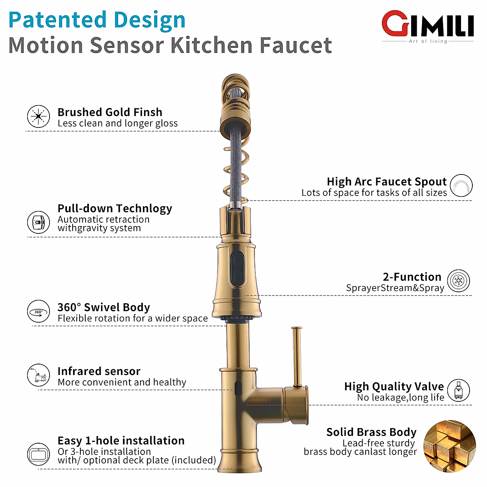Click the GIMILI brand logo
click(428, 26)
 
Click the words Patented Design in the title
click(97, 20)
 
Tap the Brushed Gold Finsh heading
click(110, 112)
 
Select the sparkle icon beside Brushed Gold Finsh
click(39, 116)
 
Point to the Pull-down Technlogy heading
click(114, 208)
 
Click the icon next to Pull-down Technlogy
click(39, 222)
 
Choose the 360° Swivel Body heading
click(103, 307)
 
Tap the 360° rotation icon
click(39, 312)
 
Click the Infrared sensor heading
click(99, 371)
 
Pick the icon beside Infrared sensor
click(39, 375)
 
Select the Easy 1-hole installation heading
click(121, 440)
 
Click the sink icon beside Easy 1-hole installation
click(39, 454)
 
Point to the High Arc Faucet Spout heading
click(386, 181)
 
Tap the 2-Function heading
click(412, 277)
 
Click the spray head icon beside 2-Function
click(459, 281)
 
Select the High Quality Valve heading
click(394, 386)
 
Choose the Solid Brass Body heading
click(371, 432)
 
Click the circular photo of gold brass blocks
click(449, 446)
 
